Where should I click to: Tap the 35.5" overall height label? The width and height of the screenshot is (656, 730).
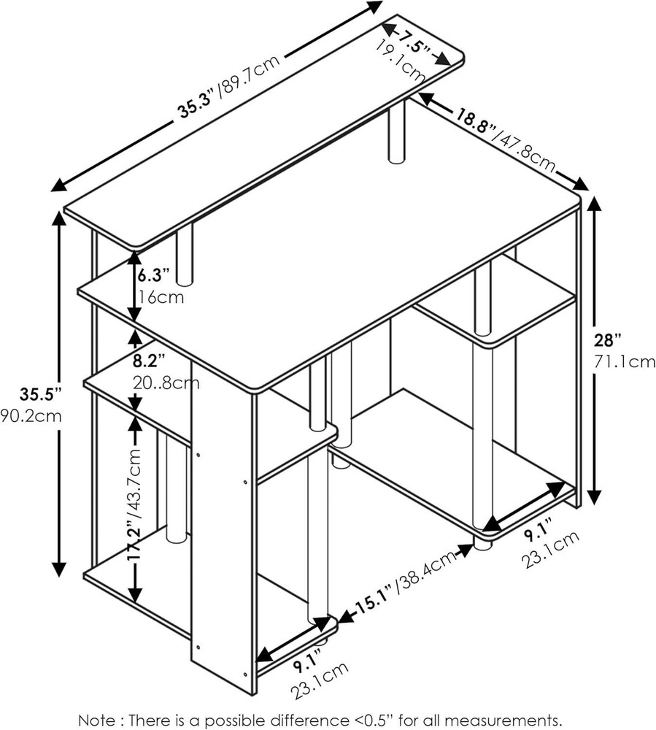coord(40,394)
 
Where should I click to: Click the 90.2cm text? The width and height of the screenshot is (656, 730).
coord(31,415)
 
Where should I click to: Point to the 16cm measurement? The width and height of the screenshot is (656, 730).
coord(158,296)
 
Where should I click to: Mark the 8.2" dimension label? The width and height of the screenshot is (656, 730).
coord(149,361)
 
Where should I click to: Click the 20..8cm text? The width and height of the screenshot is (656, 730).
coord(166,383)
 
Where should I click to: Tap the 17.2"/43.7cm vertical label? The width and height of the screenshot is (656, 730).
coord(135,505)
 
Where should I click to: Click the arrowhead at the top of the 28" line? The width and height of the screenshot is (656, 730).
coord(595,207)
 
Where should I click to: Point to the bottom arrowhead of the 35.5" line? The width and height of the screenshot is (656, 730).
coord(59,569)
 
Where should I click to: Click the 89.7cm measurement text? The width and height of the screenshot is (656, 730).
coord(251,74)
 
